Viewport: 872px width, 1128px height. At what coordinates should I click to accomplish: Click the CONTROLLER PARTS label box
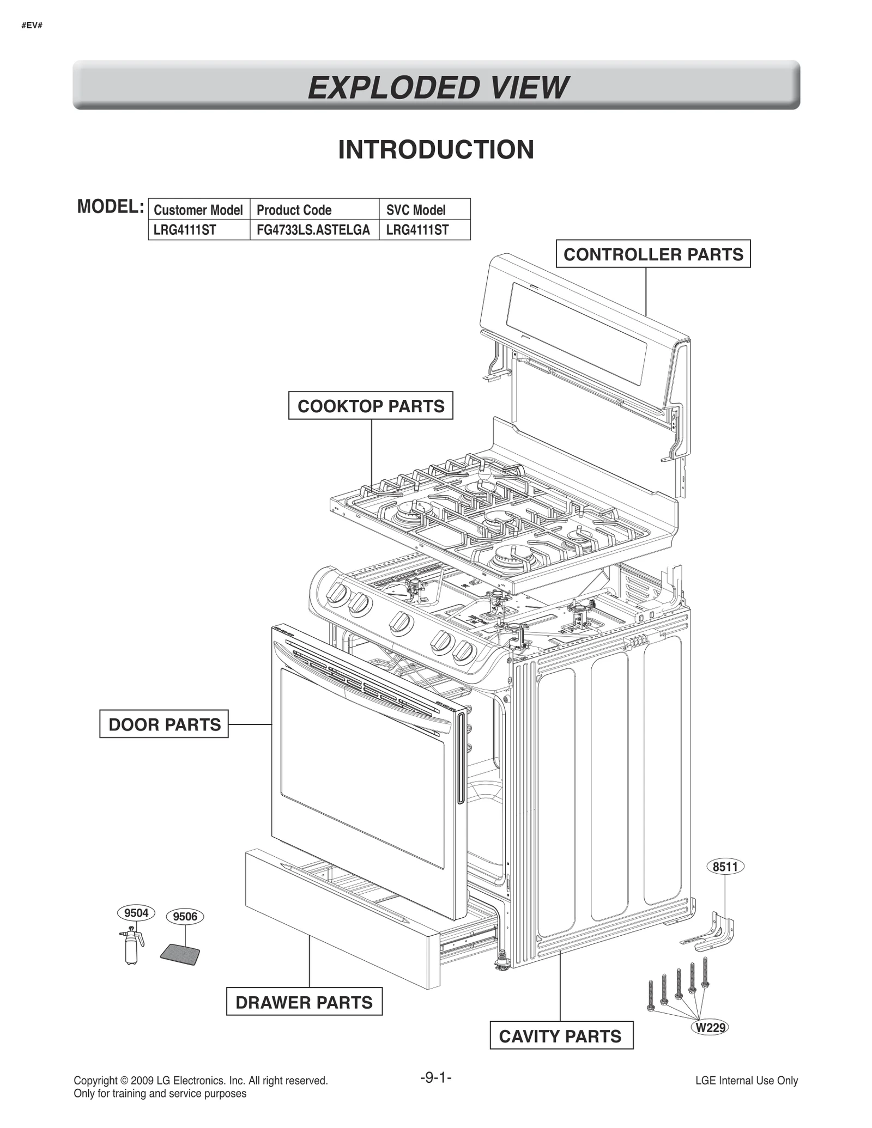tap(653, 254)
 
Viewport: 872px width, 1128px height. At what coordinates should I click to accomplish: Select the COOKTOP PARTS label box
tap(371, 406)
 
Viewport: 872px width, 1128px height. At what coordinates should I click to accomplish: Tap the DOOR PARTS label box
tap(164, 724)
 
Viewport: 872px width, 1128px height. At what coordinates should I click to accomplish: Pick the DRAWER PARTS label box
tap(304, 1002)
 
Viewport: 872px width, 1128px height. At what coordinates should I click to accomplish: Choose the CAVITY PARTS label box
tap(561, 1036)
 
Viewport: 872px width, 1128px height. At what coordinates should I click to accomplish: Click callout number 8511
tap(725, 867)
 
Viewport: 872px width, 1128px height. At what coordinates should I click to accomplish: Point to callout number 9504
tap(136, 913)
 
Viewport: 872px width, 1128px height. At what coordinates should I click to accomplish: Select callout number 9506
tap(185, 917)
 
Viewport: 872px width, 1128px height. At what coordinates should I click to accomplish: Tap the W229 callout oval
tap(711, 1028)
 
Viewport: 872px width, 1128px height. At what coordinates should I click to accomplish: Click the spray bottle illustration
tap(131, 948)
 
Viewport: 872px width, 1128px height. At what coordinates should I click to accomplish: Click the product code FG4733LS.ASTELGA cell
tap(313, 230)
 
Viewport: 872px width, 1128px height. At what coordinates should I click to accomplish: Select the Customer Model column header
tap(198, 210)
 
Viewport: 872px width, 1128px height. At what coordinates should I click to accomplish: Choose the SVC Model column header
tap(416, 210)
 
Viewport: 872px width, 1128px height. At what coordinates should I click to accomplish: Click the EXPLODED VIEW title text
tap(437, 88)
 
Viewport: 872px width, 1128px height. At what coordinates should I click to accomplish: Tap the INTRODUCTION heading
tap(436, 150)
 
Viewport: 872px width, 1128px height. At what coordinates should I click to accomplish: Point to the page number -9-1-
tap(436, 1077)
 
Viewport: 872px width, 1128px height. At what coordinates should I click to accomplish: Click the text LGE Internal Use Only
tap(746, 1081)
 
